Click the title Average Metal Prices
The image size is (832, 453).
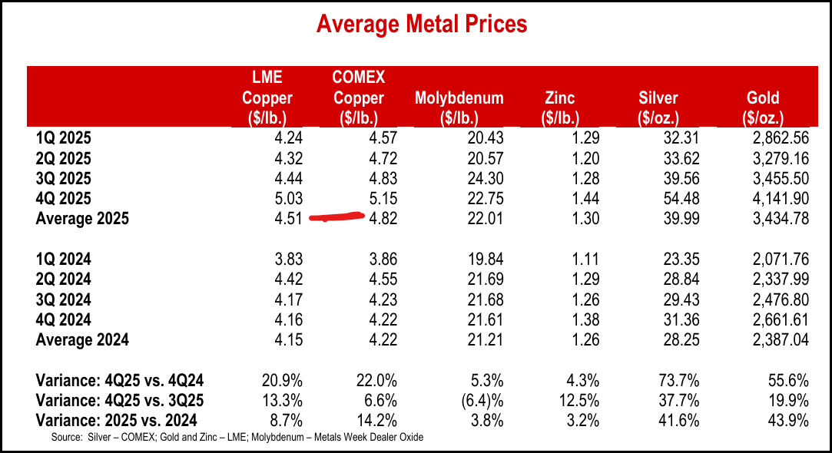(x=422, y=25)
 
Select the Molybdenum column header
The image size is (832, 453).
(x=459, y=107)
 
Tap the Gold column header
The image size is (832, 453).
(x=762, y=107)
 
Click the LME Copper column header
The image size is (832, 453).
(x=267, y=98)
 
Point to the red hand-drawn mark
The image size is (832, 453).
(x=336, y=217)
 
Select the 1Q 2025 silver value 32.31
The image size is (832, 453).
(x=660, y=139)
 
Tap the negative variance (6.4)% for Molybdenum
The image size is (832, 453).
(x=482, y=400)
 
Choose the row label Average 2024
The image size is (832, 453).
(x=82, y=339)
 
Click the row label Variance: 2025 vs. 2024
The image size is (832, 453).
(x=116, y=420)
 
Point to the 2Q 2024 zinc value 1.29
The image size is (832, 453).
(x=583, y=279)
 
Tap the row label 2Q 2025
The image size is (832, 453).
(x=63, y=159)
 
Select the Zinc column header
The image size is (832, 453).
(x=559, y=107)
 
